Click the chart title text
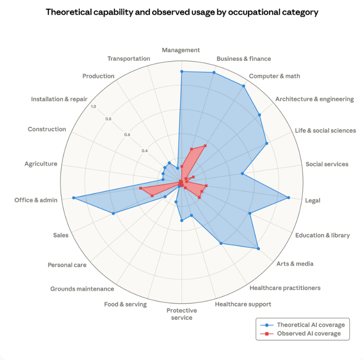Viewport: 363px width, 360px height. point(182,12)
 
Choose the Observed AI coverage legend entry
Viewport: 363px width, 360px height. point(309,334)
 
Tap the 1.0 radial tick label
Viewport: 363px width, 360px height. point(94,107)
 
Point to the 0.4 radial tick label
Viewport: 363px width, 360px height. point(144,151)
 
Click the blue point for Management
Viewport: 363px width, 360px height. point(182,72)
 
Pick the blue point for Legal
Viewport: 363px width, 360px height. point(289,198)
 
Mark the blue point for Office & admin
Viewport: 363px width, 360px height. point(74,198)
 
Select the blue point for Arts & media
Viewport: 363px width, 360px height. point(258,249)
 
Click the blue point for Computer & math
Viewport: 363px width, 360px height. point(243,86)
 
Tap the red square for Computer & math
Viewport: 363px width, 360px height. point(205,146)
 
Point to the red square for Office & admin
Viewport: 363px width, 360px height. point(141,189)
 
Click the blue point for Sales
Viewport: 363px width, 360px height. point(113,213)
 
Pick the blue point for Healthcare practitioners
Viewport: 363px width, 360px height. point(221,244)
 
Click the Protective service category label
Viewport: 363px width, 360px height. point(182,314)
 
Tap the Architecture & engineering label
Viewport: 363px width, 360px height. point(315,99)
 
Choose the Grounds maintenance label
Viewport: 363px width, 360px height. point(82,289)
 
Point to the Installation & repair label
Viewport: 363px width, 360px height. point(59,99)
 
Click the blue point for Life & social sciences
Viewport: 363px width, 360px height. point(266,143)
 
